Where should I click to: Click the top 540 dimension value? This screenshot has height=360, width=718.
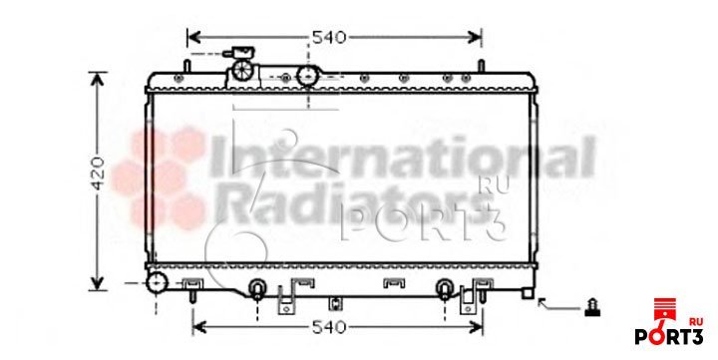[329, 37]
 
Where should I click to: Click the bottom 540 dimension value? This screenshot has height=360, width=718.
[329, 327]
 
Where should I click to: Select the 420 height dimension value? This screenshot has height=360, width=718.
[98, 174]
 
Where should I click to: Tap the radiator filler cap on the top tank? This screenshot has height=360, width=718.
[242, 70]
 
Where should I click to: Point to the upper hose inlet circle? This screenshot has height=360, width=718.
[308, 76]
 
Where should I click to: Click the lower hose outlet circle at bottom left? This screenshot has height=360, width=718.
[158, 282]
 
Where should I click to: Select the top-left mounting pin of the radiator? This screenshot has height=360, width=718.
[186, 66]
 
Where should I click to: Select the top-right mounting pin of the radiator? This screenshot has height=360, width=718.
[482, 66]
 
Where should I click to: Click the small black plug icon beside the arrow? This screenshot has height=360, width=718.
[592, 307]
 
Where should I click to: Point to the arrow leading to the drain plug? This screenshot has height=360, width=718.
[558, 306]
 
